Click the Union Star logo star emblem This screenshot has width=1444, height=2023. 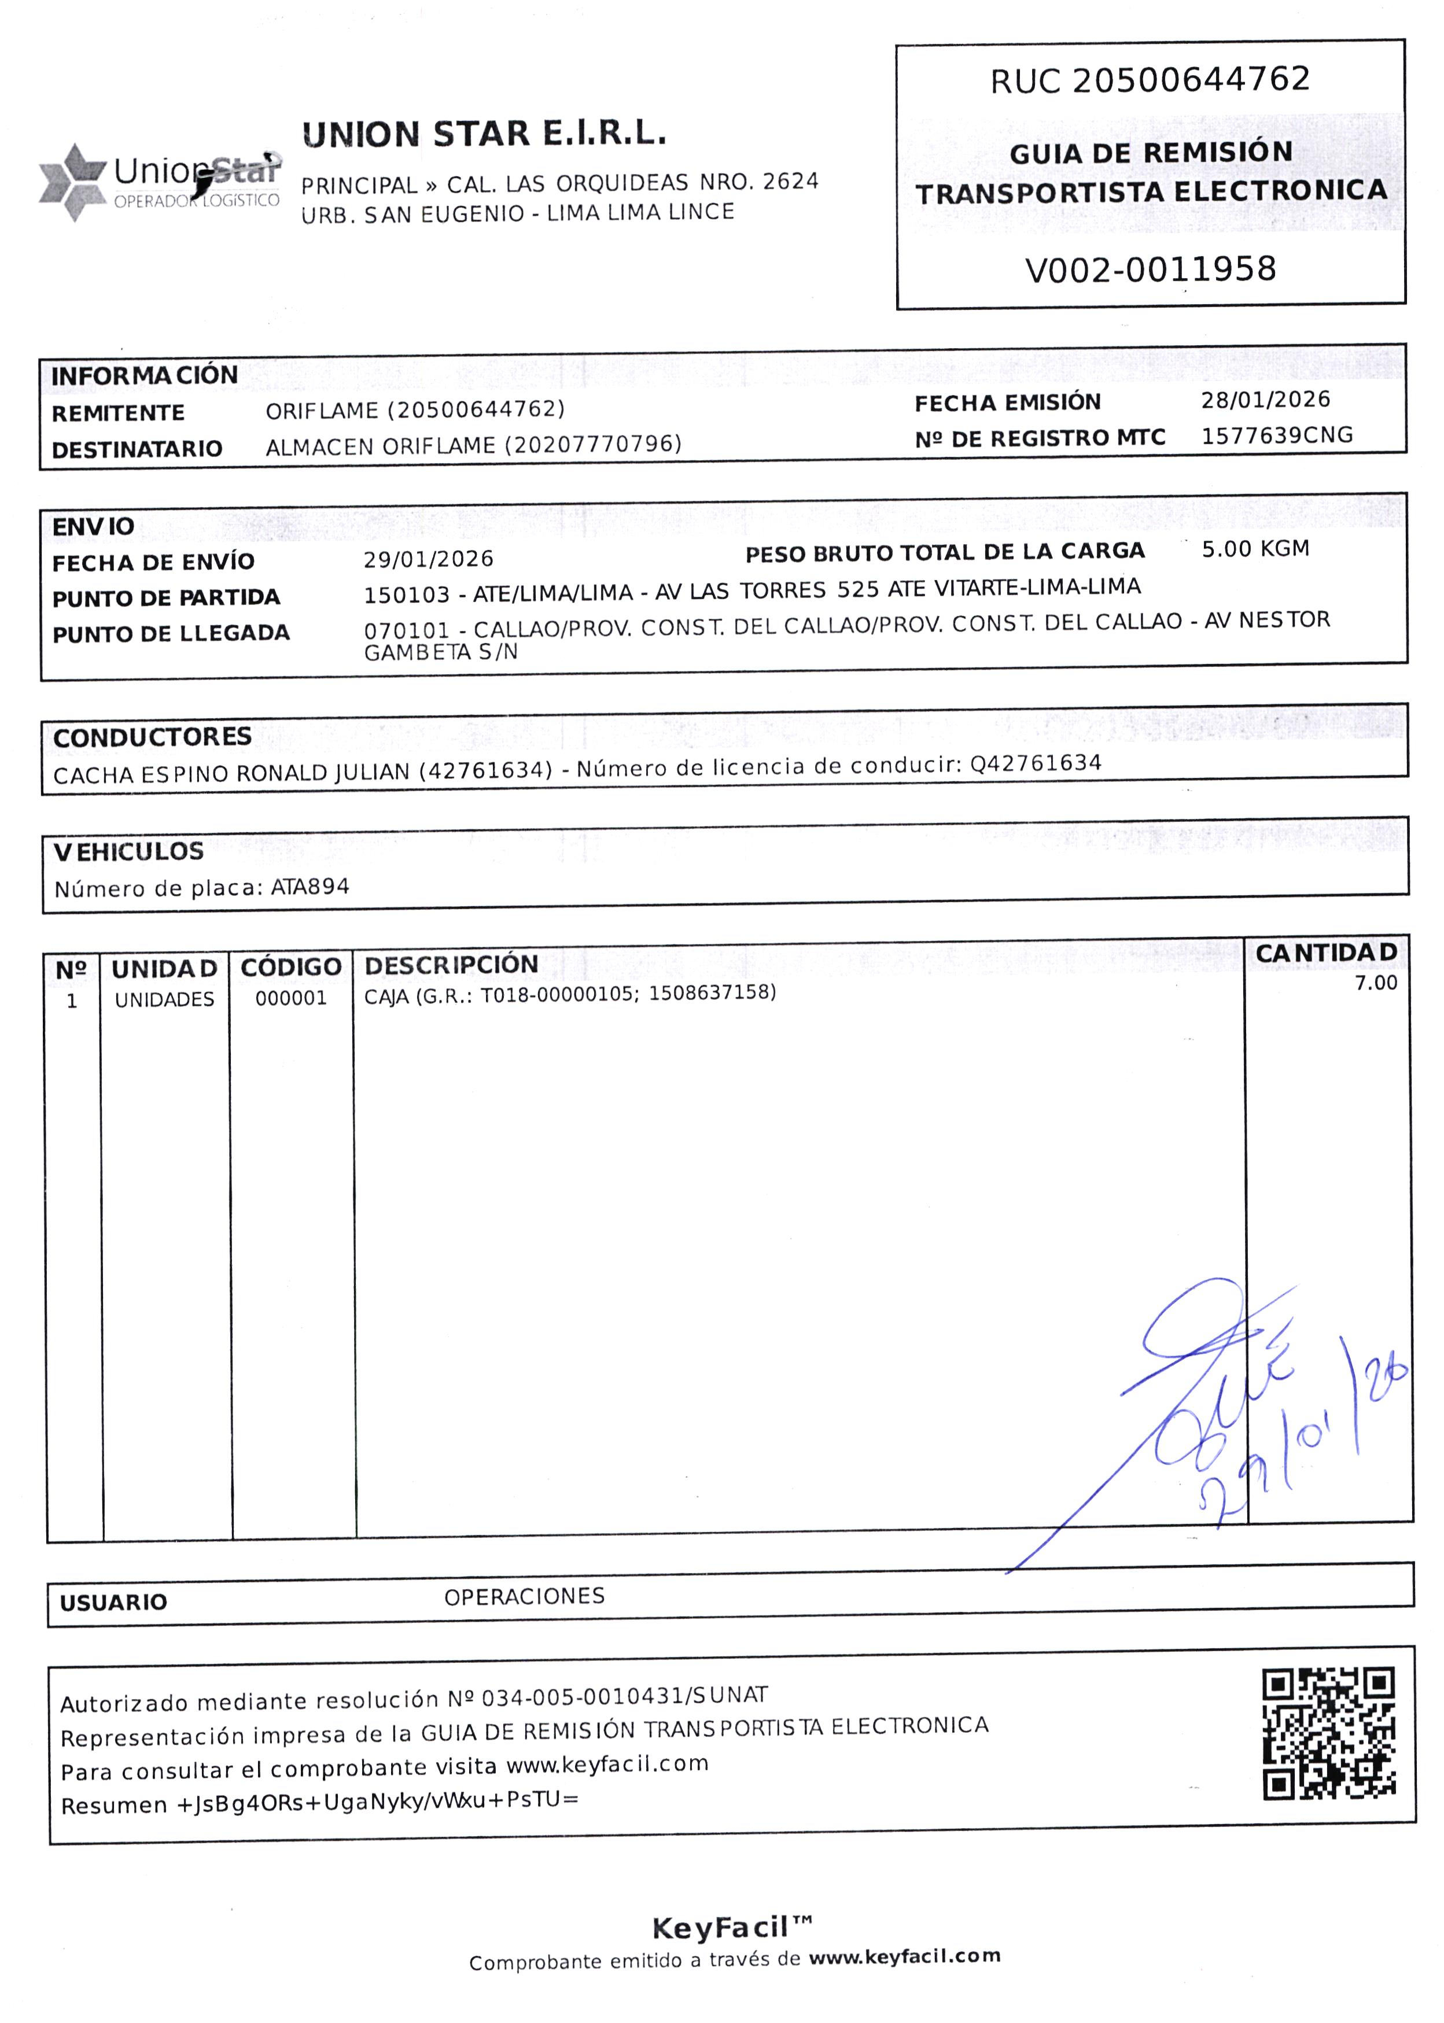tap(73, 182)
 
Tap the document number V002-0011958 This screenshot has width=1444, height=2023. tap(1151, 270)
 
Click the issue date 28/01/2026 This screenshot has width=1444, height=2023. tap(1265, 400)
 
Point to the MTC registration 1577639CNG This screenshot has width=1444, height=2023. tap(1277, 435)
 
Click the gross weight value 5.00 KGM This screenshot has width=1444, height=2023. tap(1255, 548)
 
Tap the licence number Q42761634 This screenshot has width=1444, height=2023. tap(1036, 763)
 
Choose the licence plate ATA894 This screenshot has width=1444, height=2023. tap(310, 886)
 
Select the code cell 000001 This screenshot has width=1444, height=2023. tap(292, 998)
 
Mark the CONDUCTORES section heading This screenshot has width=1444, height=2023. tap(152, 737)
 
